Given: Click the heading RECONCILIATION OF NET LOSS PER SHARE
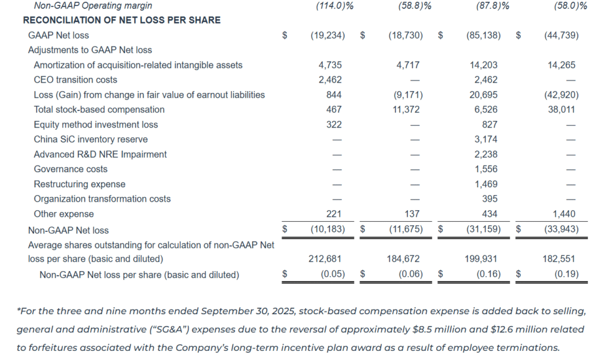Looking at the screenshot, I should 121,20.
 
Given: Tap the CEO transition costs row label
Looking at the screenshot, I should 76,80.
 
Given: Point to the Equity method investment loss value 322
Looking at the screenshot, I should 333,124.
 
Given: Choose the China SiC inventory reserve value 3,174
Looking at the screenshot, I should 486,140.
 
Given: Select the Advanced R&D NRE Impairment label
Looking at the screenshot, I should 100,154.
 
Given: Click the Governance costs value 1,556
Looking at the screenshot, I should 486,169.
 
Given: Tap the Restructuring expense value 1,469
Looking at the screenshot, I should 486,184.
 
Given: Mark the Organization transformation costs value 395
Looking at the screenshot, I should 490,199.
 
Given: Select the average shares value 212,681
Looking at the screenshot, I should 325,259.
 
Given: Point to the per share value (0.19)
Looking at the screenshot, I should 566,274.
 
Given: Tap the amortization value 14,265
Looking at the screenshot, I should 562,65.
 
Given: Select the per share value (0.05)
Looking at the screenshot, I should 332,274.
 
